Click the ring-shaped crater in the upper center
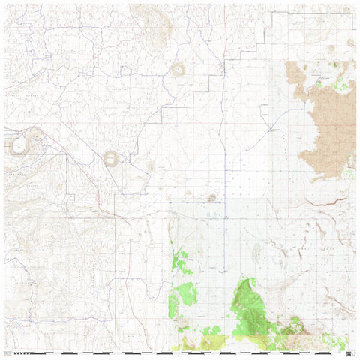click(178, 70)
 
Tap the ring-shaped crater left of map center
click(111, 158)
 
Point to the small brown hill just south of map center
click(212, 199)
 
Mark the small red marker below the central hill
click(226, 217)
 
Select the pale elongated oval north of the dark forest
click(256, 254)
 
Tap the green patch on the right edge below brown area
click(350, 174)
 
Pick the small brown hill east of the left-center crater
click(151, 166)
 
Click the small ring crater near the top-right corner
click(349, 43)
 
